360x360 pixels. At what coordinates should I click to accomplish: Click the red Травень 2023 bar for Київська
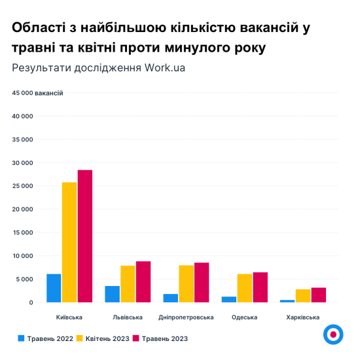tap(85, 236)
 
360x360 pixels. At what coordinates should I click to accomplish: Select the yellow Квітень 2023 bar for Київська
tap(69, 242)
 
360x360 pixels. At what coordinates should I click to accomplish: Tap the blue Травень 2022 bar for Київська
tap(54, 288)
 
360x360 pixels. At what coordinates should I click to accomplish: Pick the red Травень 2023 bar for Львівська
tap(143, 282)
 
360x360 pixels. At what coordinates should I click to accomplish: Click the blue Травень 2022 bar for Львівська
tap(112, 294)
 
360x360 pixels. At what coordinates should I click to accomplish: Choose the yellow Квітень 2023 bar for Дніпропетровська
tap(186, 284)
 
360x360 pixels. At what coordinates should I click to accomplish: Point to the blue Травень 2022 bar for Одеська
tap(228, 299)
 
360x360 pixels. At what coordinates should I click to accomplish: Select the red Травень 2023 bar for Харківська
tap(319, 295)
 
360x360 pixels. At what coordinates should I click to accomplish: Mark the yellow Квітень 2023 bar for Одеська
tap(244, 288)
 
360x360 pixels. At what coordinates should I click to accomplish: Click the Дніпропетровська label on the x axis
tap(186, 317)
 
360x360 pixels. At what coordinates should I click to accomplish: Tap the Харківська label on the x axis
tap(303, 317)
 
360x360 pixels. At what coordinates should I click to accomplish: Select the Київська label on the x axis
tap(69, 317)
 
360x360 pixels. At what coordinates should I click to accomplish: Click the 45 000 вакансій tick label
tap(37, 93)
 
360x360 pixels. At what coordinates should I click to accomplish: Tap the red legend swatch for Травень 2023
tap(136, 338)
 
